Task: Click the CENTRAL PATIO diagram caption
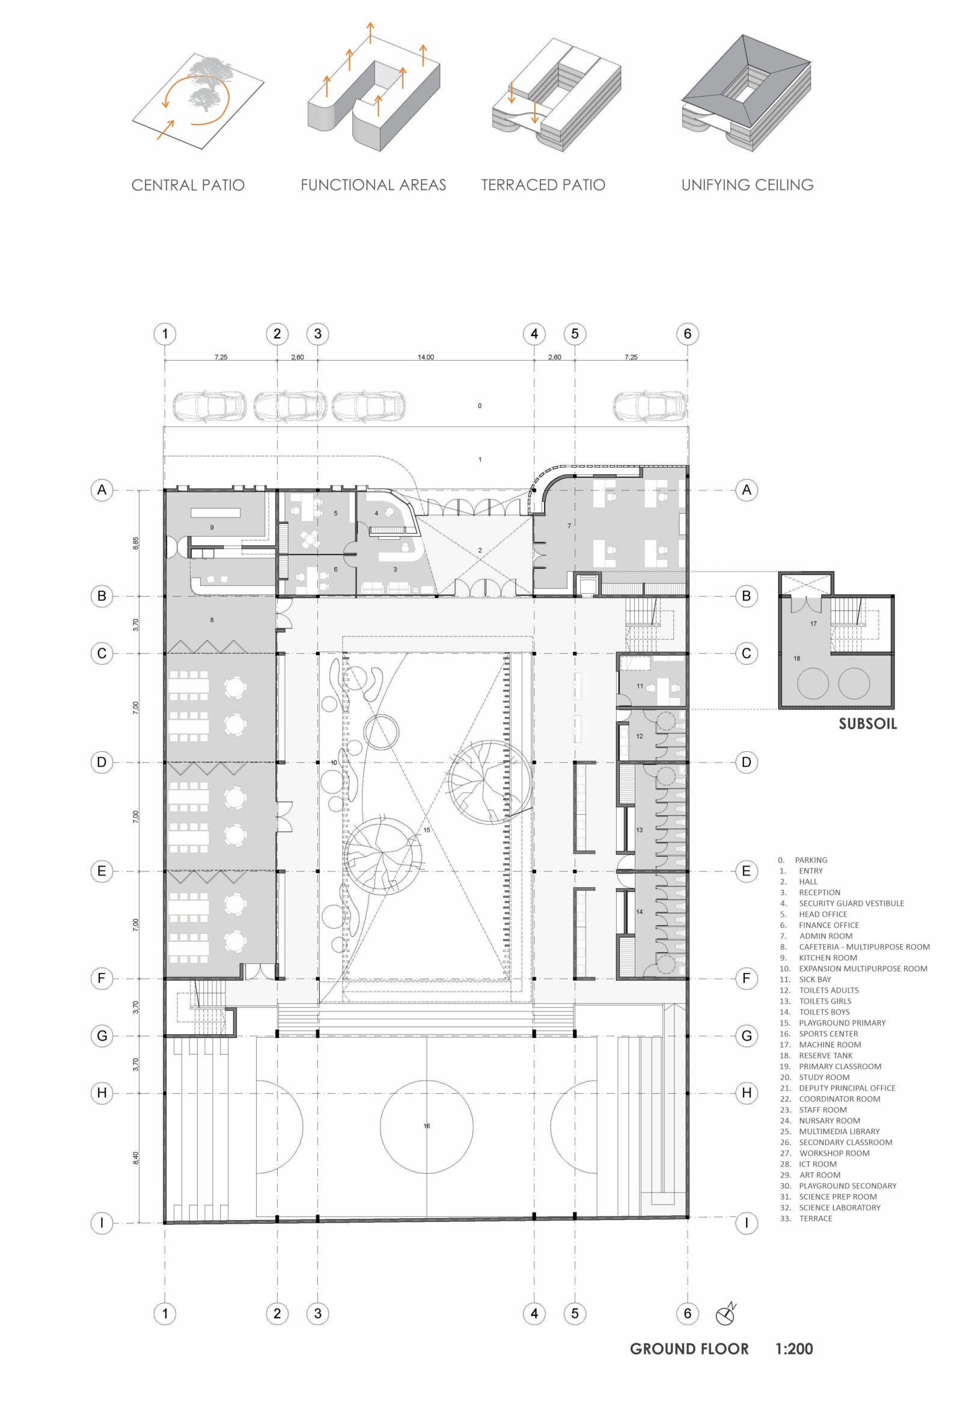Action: point(188,185)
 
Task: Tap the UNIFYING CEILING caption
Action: point(747,185)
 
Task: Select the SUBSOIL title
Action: point(867,724)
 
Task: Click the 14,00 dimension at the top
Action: point(426,357)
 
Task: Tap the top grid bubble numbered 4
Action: point(534,334)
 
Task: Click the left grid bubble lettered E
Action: point(102,871)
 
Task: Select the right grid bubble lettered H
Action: point(747,1093)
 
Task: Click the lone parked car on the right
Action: point(650,405)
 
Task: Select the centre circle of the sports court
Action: point(427,1126)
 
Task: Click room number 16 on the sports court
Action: point(427,1126)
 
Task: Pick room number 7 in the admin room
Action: point(569,525)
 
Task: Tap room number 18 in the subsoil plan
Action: point(796,659)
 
